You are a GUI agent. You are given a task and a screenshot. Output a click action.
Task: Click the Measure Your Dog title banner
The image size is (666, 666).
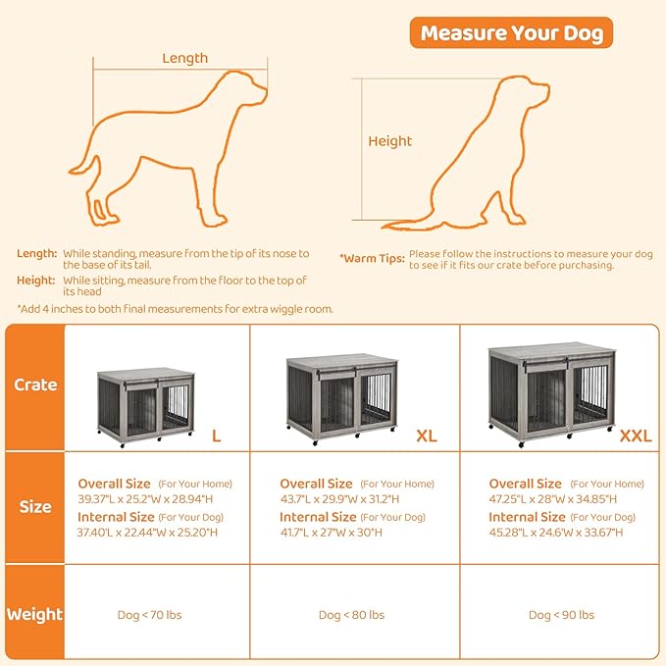(x=511, y=33)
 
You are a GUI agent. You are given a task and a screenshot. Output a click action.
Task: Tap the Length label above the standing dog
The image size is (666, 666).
(x=184, y=58)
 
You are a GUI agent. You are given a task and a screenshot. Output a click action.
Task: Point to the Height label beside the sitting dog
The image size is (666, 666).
(x=389, y=141)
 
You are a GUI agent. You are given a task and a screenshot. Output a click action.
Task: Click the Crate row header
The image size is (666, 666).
(x=35, y=385)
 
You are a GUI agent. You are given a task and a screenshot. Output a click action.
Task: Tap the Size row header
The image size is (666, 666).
(x=35, y=507)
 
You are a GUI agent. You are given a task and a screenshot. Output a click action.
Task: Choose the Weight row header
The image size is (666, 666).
(x=35, y=615)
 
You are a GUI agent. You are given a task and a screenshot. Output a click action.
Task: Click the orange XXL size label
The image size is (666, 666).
(x=635, y=435)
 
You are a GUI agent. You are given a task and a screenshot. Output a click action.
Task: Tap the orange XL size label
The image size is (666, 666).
(x=426, y=435)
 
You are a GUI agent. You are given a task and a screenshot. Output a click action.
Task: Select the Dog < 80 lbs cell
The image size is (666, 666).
(x=351, y=615)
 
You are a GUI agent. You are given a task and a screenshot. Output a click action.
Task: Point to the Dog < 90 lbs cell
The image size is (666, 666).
(x=561, y=615)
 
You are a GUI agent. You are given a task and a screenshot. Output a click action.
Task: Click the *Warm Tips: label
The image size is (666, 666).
(x=372, y=259)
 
